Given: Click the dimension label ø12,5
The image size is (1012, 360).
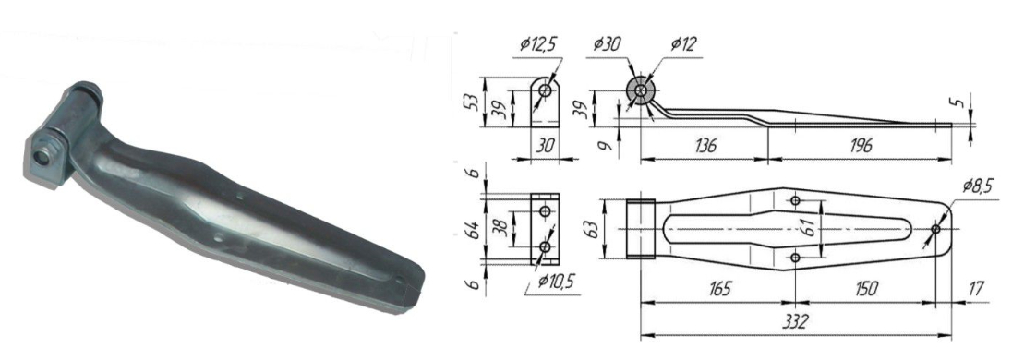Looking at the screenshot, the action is [537, 45].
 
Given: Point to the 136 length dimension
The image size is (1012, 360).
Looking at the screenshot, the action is [705, 145].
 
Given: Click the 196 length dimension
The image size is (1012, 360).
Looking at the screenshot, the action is [858, 145].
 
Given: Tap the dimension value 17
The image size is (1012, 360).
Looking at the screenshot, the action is [977, 288].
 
